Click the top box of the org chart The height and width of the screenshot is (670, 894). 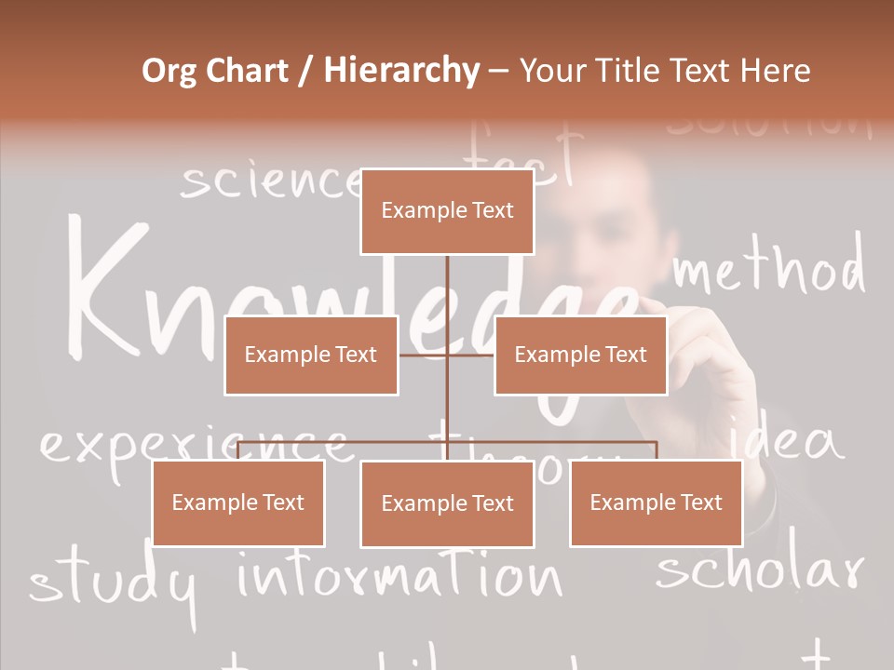(447, 211)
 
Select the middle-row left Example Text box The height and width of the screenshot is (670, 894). (311, 355)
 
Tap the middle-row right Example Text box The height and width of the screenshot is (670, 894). (580, 355)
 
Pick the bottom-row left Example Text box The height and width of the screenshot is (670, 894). (238, 502)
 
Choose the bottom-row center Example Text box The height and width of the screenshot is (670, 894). (447, 503)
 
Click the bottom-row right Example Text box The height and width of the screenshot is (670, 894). (656, 502)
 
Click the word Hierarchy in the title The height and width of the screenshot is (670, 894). (401, 71)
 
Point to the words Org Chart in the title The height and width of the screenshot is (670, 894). (215, 71)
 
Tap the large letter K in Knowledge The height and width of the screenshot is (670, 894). (107, 288)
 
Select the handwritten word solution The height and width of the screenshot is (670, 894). (769, 126)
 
